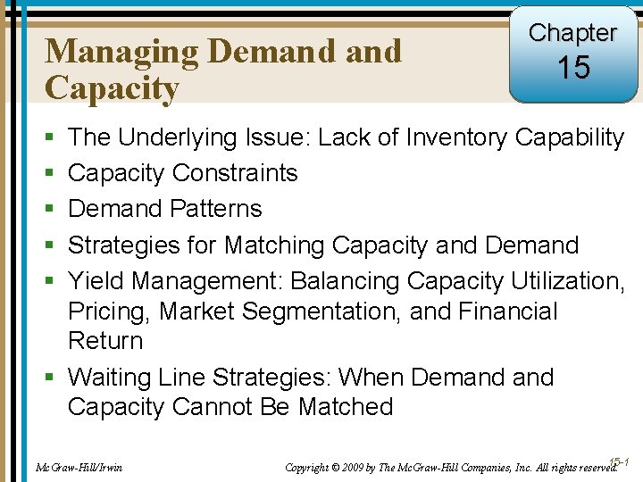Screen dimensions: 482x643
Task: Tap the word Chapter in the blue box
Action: coord(572,33)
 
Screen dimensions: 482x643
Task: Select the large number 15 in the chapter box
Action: coord(572,68)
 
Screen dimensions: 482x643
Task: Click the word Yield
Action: coord(96,281)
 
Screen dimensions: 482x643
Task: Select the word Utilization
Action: coord(568,281)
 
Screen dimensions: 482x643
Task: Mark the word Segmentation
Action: coord(318,312)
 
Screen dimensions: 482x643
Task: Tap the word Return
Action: coord(105,341)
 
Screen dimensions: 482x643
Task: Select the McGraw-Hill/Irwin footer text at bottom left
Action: coord(78,467)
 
